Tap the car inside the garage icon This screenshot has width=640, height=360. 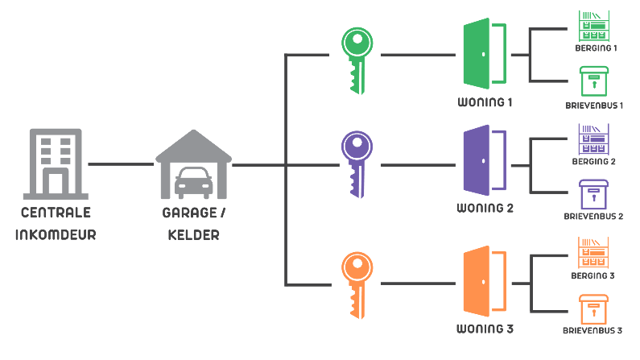click(194, 183)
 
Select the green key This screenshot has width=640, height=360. click(356, 59)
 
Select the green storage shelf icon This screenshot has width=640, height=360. click(595, 24)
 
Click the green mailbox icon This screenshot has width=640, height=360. click(595, 81)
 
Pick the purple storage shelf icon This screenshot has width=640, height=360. click(595, 139)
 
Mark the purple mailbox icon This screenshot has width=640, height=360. click(595, 194)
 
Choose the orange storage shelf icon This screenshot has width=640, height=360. click(594, 253)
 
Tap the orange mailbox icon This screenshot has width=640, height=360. click(594, 309)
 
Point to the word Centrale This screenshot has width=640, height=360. click(56, 213)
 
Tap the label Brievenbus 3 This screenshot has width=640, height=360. click(593, 330)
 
